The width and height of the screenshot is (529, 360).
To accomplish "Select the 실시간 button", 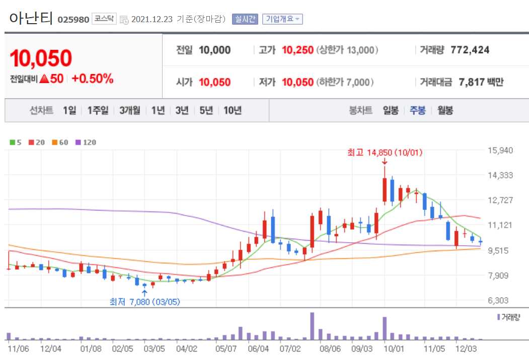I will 245,19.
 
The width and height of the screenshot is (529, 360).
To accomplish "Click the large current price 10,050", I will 41,58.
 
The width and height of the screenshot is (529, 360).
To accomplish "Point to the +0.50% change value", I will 92,79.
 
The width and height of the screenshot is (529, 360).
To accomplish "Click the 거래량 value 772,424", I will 470,50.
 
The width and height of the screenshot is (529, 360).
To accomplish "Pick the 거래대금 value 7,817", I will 472,82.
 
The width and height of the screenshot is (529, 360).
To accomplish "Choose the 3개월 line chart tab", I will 130,111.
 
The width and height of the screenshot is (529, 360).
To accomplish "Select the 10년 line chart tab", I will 233,111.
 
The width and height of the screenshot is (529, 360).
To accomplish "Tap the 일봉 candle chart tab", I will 391,111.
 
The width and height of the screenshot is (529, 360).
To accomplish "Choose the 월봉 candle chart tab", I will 445,111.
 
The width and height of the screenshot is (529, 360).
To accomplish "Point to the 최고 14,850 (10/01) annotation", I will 384,152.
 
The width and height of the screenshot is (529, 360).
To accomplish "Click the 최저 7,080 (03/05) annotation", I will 145,302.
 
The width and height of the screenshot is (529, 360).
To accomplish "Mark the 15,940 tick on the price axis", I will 500,150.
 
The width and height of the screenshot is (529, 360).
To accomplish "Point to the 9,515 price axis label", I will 500,250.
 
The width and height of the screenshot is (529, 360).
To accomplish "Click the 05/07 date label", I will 225,348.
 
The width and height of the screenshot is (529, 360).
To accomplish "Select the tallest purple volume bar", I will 312,326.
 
